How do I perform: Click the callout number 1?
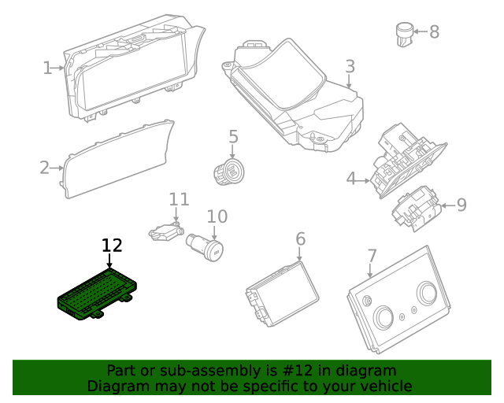click(x=46, y=68)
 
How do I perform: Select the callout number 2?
click(x=45, y=167)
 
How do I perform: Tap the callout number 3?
click(x=350, y=67)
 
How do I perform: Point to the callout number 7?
click(x=372, y=256)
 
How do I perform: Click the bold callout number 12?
click(x=113, y=245)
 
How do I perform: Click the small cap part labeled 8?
click(x=404, y=33)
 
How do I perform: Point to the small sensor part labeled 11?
click(x=165, y=232)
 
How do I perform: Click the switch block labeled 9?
click(x=417, y=208)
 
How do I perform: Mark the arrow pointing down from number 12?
click(x=109, y=263)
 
